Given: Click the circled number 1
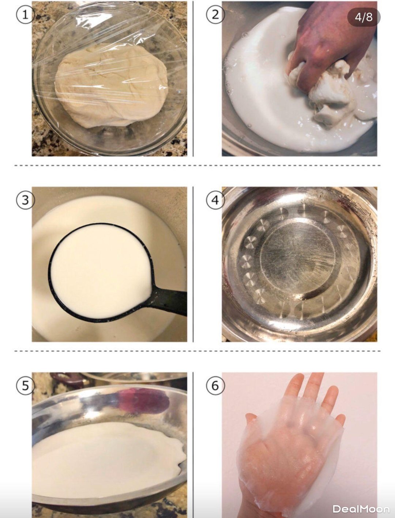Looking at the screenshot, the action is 25,15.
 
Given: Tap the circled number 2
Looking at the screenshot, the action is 215,15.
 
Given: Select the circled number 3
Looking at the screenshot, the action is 25,200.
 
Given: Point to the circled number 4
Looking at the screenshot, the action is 215,200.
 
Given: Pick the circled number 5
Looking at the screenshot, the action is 25,386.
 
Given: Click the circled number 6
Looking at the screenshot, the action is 215,386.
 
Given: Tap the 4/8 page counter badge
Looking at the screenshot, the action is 364,17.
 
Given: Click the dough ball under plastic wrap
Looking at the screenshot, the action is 111,86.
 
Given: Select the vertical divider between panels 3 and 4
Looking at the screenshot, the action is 193,264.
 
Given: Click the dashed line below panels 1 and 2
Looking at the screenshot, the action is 197,165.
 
